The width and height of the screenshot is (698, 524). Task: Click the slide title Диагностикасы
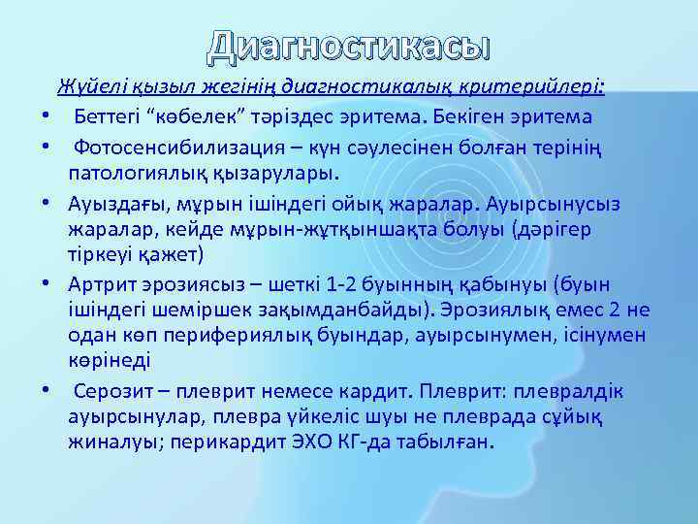(x=349, y=44)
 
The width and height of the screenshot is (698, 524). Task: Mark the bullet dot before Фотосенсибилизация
(x=46, y=146)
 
